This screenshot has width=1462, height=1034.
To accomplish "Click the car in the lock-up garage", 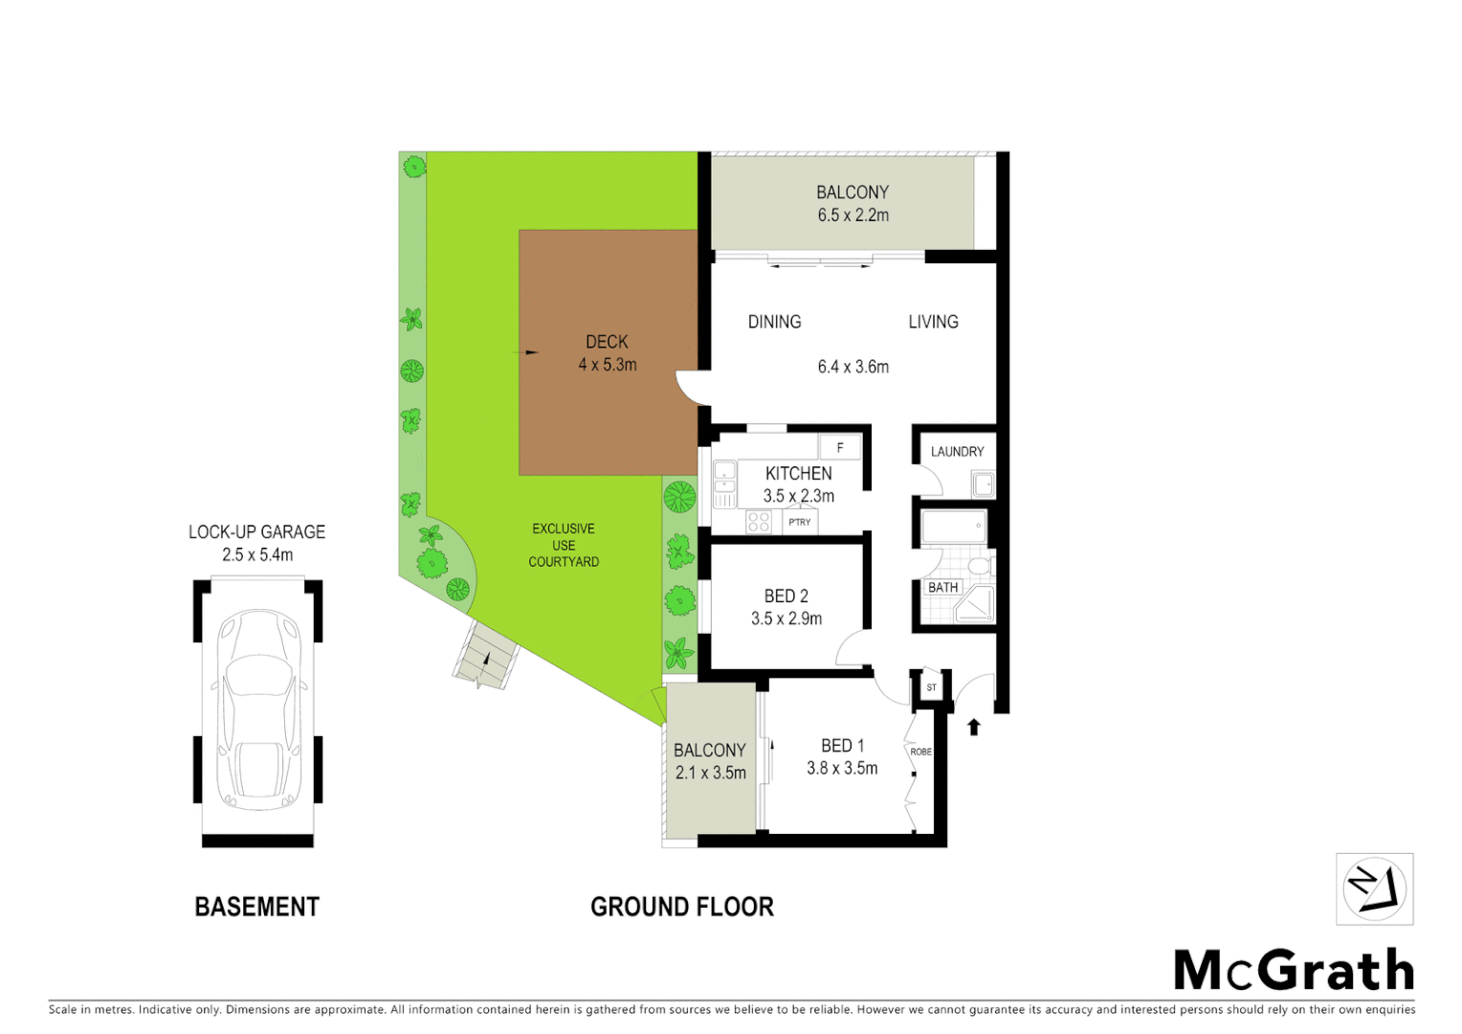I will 258,709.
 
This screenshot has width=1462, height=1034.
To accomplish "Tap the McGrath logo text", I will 1294,971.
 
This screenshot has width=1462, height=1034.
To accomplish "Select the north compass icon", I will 1374,889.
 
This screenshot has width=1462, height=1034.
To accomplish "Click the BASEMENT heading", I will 256,907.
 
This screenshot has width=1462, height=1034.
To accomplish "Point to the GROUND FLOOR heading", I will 681,907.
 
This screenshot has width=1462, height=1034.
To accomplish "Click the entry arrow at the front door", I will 974,727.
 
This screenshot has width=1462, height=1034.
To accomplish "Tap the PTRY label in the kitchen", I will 799,522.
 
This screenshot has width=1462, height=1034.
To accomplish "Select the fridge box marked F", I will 840,447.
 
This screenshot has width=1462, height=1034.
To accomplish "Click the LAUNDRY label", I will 957,452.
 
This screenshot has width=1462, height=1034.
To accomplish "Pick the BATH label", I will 942,587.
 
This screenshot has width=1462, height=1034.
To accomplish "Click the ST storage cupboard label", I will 931,687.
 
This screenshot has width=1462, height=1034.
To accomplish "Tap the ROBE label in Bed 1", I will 920,752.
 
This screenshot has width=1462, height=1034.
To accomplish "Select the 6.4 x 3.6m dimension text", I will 853,367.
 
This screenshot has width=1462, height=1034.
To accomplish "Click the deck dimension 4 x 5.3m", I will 607,365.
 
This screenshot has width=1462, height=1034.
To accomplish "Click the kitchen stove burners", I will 759,522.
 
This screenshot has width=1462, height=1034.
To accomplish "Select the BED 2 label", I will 786,596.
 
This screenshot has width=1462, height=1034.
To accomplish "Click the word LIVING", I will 933,322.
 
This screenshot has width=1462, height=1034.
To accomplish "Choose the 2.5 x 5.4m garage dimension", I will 257,554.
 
